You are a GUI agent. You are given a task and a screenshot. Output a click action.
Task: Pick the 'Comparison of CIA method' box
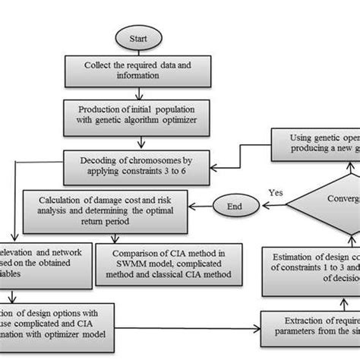click(176, 262)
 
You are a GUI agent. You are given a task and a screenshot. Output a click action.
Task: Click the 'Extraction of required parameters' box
click(311, 326)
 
